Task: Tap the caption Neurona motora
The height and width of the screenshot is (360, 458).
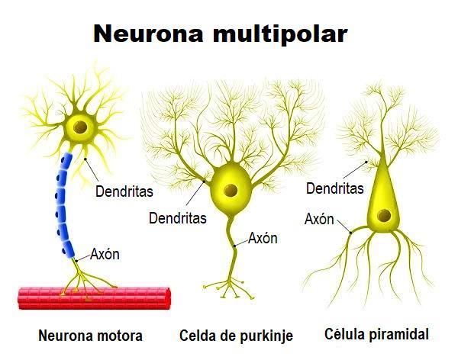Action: point(90,335)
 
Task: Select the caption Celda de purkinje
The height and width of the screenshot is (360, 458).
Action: point(236,335)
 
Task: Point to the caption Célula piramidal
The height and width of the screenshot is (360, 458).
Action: point(377,333)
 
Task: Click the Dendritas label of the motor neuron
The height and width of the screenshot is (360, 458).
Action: point(124,191)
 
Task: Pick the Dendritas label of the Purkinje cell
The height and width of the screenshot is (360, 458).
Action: point(178,218)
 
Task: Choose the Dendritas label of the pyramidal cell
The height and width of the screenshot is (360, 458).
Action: point(334,188)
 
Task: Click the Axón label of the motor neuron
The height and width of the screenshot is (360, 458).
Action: point(105,254)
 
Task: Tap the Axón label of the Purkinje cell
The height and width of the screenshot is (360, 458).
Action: point(263,238)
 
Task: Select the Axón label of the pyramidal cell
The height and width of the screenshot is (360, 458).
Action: point(319,220)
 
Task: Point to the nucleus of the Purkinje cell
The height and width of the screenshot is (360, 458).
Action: point(228,190)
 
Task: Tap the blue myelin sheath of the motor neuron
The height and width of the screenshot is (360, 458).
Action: point(63,206)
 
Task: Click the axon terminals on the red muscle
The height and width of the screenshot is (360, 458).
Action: point(85,286)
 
